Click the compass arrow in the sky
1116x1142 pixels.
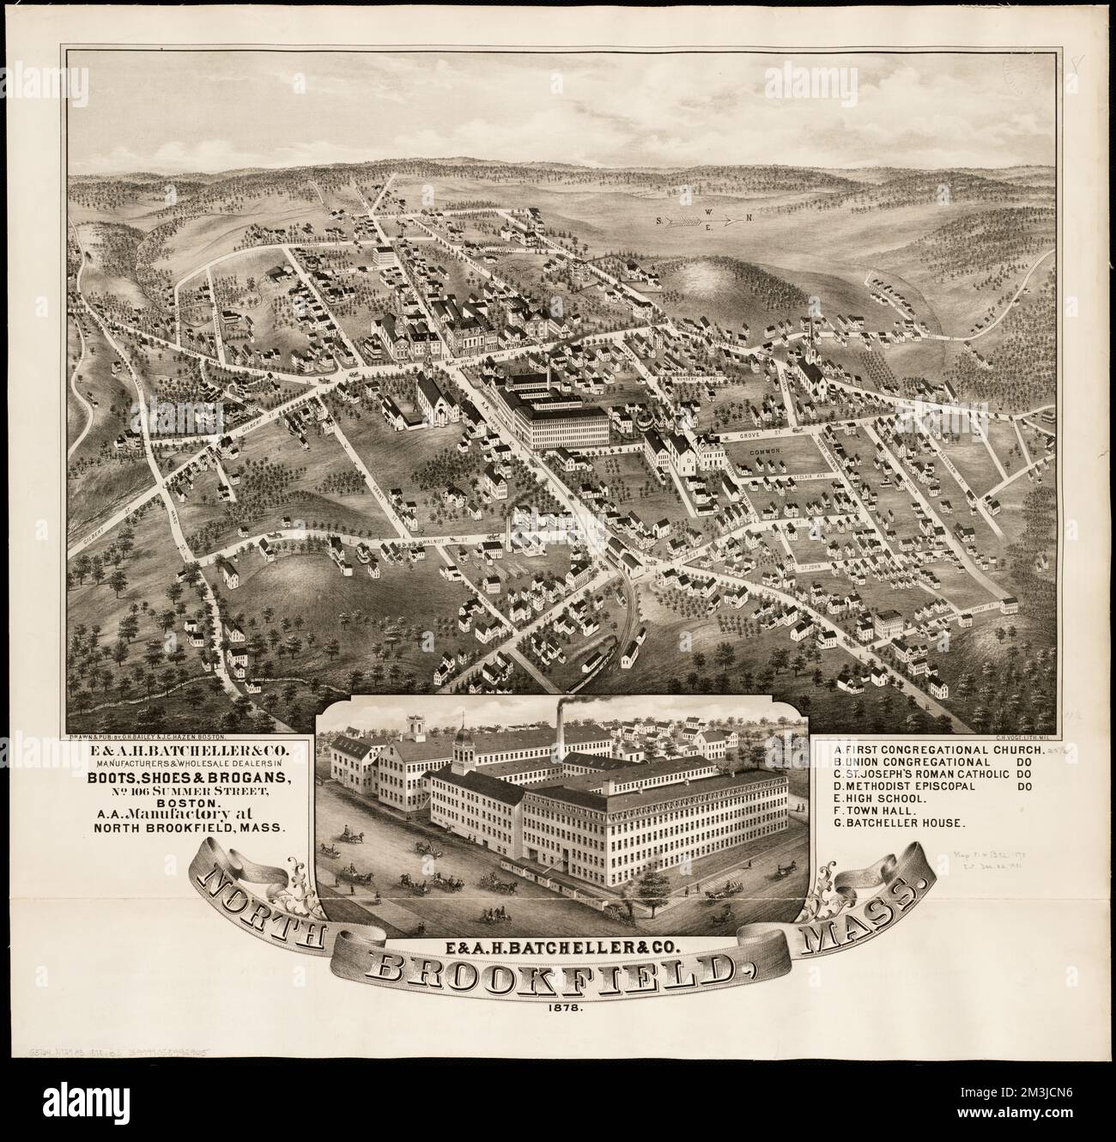(701, 221)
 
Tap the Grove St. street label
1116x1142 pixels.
(754, 436)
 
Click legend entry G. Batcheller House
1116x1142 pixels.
(901, 822)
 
